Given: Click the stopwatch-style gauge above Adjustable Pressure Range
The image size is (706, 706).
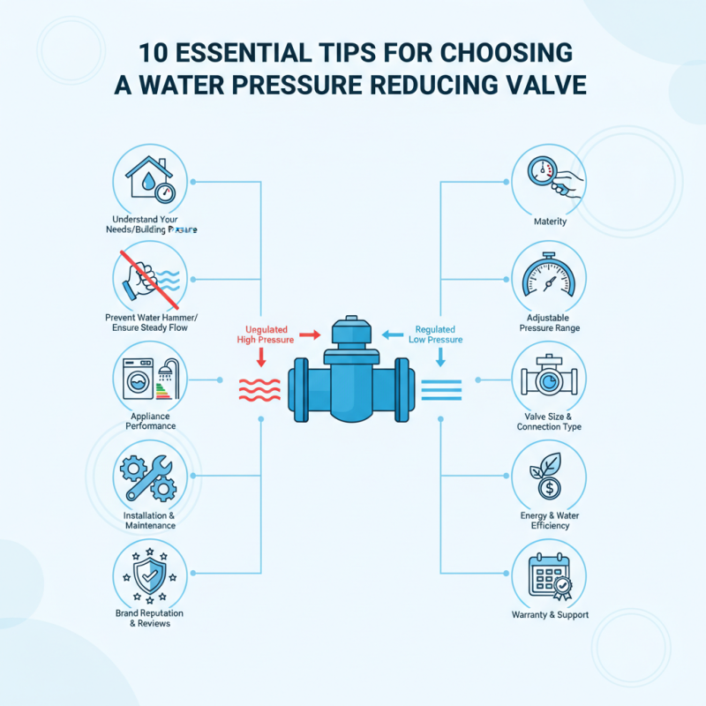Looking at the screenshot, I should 549,281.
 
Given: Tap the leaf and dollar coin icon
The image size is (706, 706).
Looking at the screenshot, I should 549,477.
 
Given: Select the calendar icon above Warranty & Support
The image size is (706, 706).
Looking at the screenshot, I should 549,575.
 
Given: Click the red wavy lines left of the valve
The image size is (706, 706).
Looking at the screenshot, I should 260,389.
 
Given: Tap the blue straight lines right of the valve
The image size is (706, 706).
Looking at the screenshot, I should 441,389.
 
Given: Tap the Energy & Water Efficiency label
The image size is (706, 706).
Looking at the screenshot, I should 550,520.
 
